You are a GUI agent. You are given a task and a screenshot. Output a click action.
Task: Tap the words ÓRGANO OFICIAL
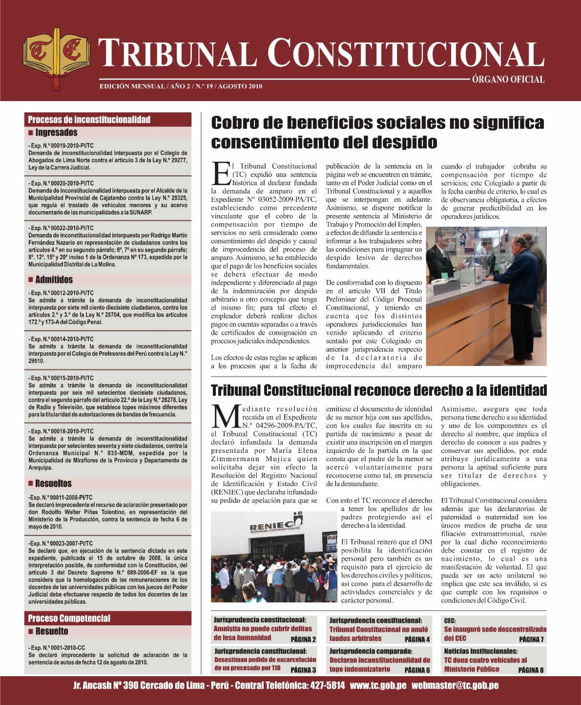click(508, 79)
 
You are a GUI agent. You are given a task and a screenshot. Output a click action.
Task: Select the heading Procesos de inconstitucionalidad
click(89, 120)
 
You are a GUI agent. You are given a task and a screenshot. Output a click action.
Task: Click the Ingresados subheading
click(56, 132)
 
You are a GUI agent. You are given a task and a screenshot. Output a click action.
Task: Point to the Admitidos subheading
click(54, 279)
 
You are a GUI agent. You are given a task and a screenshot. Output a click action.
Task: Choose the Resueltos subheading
click(53, 483)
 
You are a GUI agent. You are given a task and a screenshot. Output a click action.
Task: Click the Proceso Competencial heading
click(69, 618)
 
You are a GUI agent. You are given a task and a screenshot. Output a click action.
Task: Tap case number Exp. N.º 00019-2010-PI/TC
click(62, 146)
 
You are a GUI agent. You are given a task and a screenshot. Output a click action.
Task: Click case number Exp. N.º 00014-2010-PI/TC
click(62, 339)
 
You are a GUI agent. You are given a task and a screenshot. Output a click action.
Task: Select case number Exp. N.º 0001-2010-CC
click(57, 647)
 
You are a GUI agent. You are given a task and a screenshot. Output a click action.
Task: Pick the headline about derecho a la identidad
click(378, 390)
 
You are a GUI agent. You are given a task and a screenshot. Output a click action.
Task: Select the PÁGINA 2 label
click(303, 639)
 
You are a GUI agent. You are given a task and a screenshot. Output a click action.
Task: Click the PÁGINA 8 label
click(531, 670)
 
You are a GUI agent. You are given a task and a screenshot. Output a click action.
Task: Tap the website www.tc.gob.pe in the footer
click(378, 685)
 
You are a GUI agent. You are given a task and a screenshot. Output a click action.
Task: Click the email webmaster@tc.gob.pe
click(455, 685)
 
